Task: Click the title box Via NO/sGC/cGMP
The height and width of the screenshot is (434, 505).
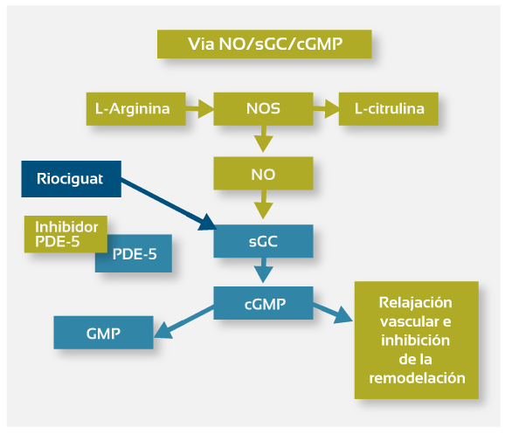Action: pyautogui.click(x=265, y=45)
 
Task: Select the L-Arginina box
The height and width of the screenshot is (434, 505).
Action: pyautogui.click(x=136, y=109)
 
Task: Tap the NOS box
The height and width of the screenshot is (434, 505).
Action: pyautogui.click(x=263, y=109)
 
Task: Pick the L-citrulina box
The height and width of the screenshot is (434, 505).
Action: pyautogui.click(x=389, y=109)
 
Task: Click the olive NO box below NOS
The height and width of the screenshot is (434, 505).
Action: pyautogui.click(x=263, y=173)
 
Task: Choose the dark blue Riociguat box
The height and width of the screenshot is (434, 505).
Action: pyautogui.click(x=71, y=179)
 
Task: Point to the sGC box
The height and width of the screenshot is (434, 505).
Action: pyautogui.click(x=263, y=241)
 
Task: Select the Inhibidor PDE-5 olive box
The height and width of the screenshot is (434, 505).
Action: pyautogui.click(x=66, y=234)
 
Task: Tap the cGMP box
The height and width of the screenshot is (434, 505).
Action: pyautogui.click(x=263, y=303)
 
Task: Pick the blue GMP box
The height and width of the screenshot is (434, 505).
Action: pyautogui.click(x=103, y=333)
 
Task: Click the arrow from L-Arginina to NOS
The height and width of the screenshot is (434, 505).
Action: pyautogui.click(x=199, y=109)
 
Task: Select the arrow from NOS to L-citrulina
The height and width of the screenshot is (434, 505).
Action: pyautogui.click(x=326, y=109)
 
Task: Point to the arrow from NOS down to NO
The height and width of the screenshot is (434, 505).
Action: pyautogui.click(x=264, y=139)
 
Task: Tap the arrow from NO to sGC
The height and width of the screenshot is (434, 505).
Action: pyautogui.click(x=264, y=204)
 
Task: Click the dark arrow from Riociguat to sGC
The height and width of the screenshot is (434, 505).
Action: pyautogui.click(x=168, y=204)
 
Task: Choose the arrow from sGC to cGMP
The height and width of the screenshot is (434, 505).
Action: pyautogui.click(x=264, y=270)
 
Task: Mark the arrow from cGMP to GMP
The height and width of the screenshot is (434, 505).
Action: pyautogui.click(x=183, y=322)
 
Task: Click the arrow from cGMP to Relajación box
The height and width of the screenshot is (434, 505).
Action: pyautogui.click(x=333, y=313)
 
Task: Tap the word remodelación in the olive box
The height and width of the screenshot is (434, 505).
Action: pyautogui.click(x=417, y=378)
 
